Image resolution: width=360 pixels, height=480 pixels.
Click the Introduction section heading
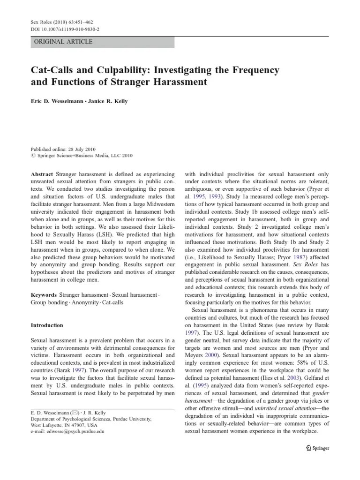[47, 325]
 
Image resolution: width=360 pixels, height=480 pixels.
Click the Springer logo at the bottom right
[317, 448]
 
